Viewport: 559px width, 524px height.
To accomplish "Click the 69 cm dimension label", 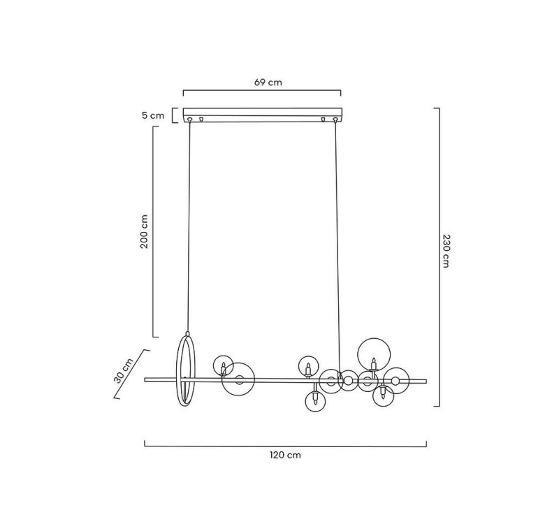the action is pos(268,82).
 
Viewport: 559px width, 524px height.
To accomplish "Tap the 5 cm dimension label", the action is pos(153,115).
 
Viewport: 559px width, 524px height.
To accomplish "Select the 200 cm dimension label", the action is pos(144,231).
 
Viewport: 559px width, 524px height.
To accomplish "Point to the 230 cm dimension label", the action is pos(446,251).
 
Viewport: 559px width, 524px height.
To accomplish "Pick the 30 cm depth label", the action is pos(124,371).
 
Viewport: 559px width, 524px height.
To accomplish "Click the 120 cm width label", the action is pos(285,455).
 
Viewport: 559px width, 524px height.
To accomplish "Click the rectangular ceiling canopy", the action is pos(263,115).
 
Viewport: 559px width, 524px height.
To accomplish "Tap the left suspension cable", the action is pos(189,227).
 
